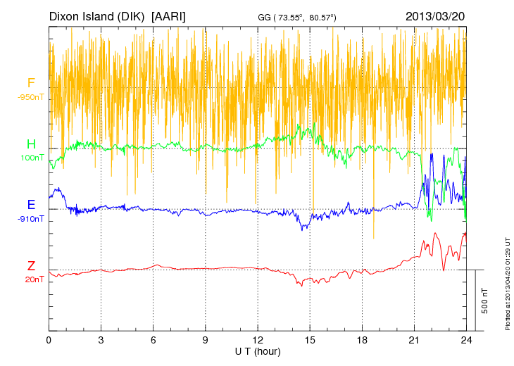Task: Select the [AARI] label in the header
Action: point(169,15)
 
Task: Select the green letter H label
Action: point(31,144)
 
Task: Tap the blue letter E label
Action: point(31,205)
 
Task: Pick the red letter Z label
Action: point(31,266)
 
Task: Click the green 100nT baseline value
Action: point(32,158)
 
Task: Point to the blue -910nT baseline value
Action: point(31,219)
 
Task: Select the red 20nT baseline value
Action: point(32,279)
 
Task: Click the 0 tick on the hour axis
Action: point(49,339)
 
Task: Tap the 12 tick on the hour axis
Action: point(258,339)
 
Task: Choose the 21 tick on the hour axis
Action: point(415,339)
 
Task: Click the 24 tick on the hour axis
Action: point(466,339)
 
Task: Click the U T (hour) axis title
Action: point(258,350)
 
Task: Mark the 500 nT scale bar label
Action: point(484,301)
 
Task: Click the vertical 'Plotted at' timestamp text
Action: point(508,284)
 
